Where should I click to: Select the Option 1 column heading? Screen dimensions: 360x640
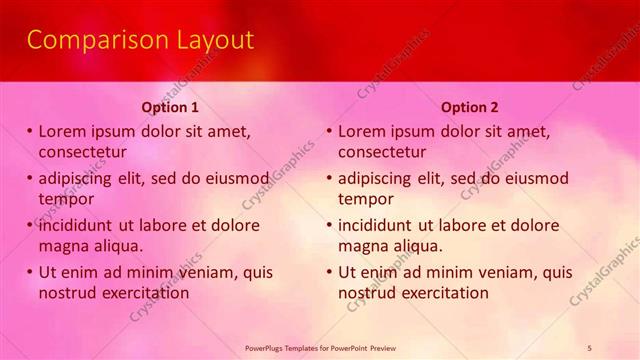click(170, 107)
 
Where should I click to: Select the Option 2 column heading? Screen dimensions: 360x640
click(469, 107)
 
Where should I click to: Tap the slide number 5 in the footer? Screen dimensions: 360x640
click(590, 347)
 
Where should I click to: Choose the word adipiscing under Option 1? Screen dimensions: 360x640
click(76, 179)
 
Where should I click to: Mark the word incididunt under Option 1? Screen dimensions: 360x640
click(78, 225)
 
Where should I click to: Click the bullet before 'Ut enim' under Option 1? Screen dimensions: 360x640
click(30, 272)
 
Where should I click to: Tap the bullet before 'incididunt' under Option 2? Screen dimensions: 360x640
click(329, 225)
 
